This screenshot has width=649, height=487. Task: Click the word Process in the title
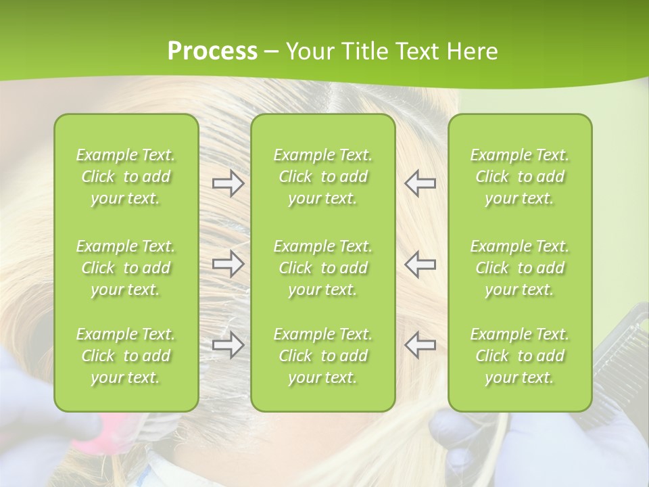point(212,51)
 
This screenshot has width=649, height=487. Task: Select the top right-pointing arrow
point(228,183)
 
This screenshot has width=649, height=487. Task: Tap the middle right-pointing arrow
point(228,264)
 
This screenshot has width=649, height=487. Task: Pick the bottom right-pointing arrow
point(228,345)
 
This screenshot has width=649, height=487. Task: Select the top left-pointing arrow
point(420,183)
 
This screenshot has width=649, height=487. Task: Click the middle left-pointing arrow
point(420,264)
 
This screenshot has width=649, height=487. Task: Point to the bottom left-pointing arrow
point(420,345)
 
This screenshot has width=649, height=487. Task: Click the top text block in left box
point(126,177)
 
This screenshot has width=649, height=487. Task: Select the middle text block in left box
point(126,268)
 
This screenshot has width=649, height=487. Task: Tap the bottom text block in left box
point(126,356)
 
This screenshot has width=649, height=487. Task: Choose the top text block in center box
point(323,177)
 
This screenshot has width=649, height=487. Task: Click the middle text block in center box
point(323,268)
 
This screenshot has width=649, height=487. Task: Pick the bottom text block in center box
point(323,356)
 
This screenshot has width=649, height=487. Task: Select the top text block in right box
point(520,177)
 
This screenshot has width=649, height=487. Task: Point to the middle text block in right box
point(520,268)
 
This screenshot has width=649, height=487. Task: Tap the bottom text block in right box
point(520,356)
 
